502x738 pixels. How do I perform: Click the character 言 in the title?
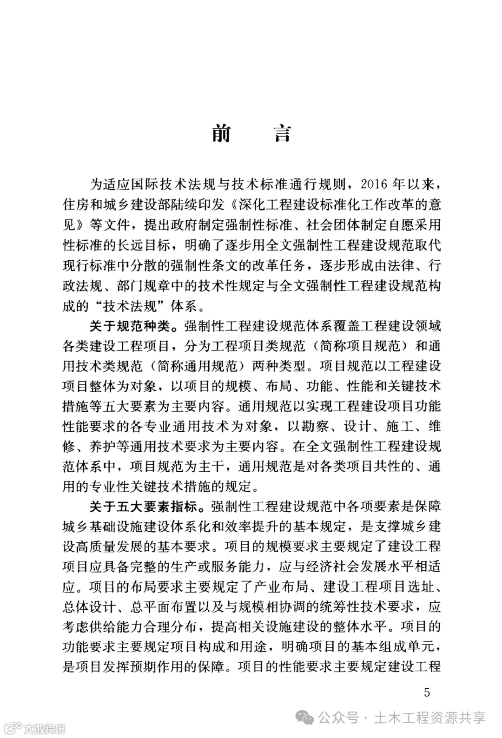tap(282, 133)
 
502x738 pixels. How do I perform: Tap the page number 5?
tap(427, 692)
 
